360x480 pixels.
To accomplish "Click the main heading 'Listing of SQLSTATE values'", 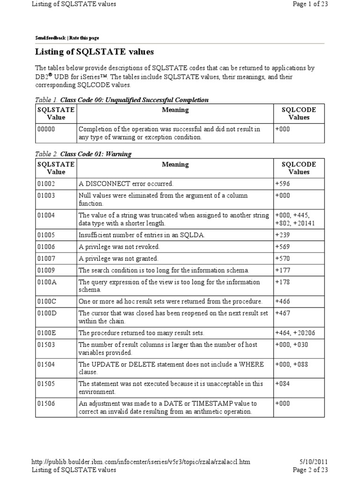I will [95, 52].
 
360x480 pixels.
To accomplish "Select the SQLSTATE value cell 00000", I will [46, 129].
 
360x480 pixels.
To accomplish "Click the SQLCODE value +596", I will [283, 184].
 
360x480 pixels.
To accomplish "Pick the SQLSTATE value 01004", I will [46, 215].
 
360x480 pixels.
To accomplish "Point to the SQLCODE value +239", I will [283, 235].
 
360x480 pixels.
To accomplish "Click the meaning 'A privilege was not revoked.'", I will [120, 247].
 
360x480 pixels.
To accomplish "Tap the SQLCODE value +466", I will [283, 301].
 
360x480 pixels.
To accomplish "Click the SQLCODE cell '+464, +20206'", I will [295, 333].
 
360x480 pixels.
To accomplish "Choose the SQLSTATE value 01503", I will [46, 345].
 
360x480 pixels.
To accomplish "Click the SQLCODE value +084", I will [283, 383].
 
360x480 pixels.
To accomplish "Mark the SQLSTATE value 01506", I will [46, 403].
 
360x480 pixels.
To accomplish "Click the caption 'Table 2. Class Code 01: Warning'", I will [83, 154].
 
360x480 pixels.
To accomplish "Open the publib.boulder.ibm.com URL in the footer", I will [141, 462].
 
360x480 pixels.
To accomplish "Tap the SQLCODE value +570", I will [283, 258].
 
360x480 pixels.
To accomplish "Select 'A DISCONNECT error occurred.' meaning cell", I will [126, 184].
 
